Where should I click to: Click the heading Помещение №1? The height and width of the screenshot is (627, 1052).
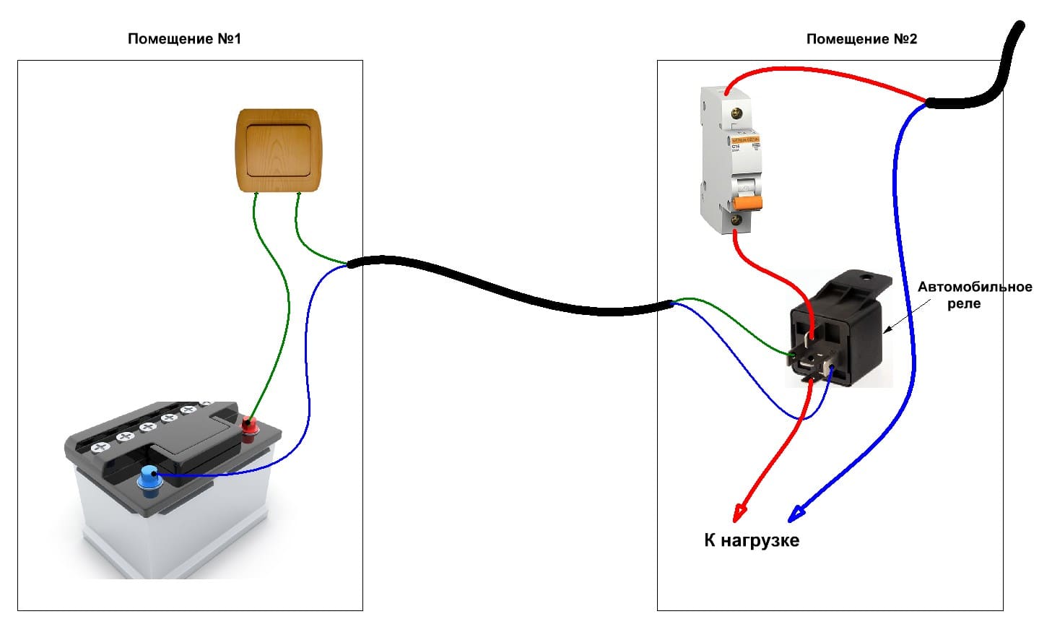[x=184, y=39]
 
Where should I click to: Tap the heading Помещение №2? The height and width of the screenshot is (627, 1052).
[x=861, y=39]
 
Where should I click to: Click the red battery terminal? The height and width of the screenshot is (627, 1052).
[x=249, y=427]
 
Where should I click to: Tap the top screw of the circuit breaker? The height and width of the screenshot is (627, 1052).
[x=738, y=113]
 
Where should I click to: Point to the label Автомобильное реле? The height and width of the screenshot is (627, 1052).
[x=974, y=295]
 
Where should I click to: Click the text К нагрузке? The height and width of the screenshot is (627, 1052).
[x=752, y=540]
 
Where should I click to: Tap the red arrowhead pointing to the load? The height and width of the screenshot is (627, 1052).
[x=738, y=514]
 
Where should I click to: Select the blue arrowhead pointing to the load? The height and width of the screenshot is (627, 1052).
[x=795, y=514]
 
